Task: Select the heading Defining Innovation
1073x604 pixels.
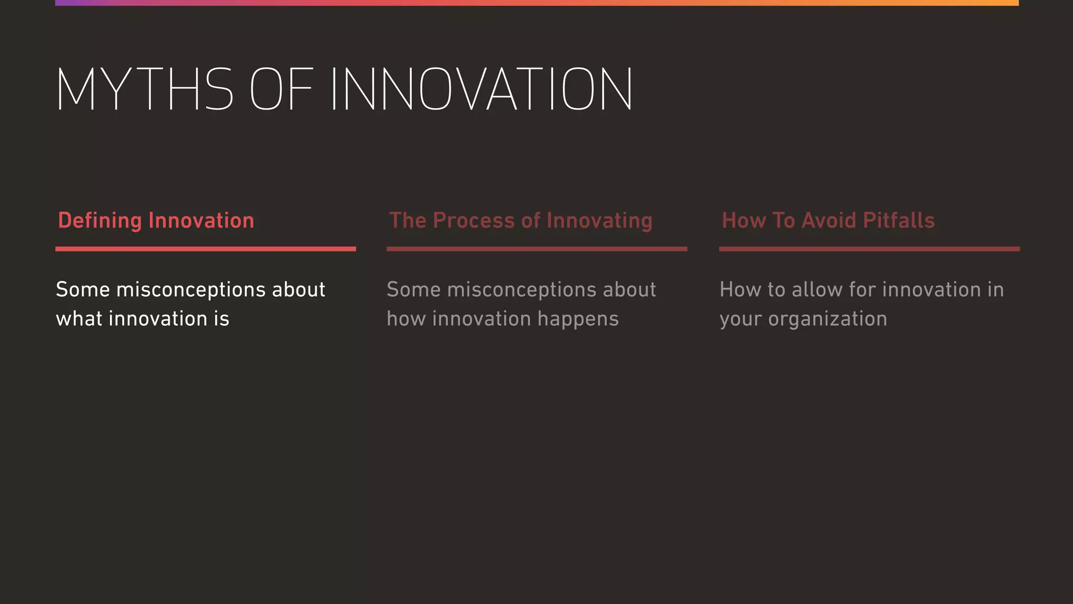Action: (156, 221)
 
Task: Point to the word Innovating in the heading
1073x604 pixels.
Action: (599, 221)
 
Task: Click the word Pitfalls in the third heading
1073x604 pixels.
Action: (899, 221)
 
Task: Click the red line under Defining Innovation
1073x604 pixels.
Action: (205, 249)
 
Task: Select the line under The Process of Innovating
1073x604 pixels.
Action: (536, 249)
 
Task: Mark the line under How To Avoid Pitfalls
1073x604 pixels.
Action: (869, 249)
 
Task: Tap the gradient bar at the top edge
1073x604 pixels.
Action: (536, 3)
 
